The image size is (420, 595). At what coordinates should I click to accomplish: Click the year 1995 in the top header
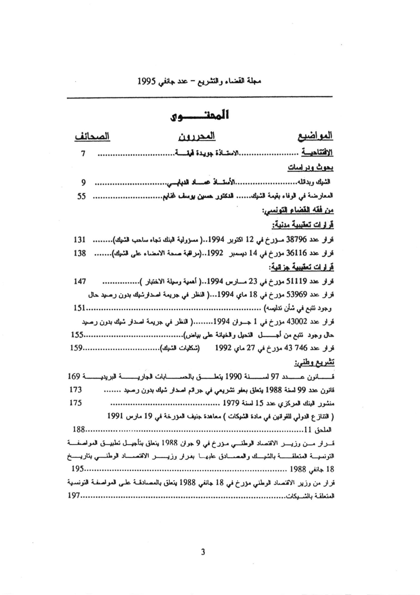point(147,81)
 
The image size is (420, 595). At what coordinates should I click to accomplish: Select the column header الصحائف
point(92,137)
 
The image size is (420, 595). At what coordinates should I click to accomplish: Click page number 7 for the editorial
point(83,154)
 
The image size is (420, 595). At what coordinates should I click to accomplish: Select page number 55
point(81,197)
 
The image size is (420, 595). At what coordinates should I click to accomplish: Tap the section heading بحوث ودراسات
point(310,168)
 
